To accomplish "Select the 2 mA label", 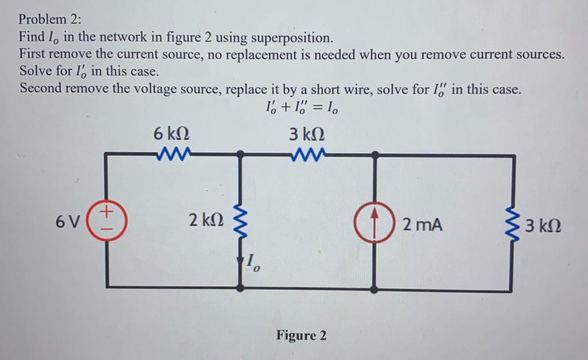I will click(422, 224).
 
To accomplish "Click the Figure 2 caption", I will click(301, 335).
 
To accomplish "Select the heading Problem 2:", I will click(51, 17).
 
